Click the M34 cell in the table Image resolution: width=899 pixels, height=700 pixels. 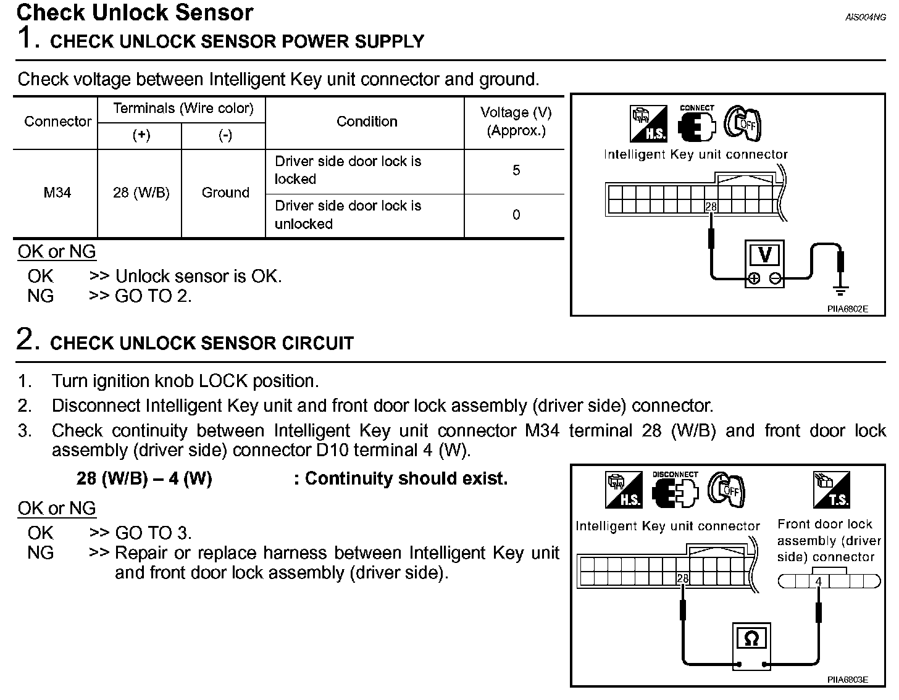pos(57,193)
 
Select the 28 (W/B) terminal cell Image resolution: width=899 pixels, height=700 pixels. pos(141,193)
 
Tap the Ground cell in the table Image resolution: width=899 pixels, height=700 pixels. pos(225,193)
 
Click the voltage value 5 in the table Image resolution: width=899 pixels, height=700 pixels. pos(516,170)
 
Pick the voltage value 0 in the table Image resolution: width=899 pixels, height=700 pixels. pos(516,215)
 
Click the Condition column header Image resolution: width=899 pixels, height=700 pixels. pos(367,122)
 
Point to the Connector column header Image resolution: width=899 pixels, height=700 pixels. pos(57,122)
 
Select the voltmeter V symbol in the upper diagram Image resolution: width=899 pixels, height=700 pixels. pos(765,254)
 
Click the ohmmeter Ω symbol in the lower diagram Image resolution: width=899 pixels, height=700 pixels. pos(751,638)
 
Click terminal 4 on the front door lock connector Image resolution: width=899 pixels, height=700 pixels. pos(819,581)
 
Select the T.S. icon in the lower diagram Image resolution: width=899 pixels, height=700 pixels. pos(832,490)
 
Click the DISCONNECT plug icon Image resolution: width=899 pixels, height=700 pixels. pos(675,491)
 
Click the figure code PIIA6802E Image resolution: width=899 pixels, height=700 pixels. pos(847,309)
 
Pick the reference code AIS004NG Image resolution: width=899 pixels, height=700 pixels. pos(865,17)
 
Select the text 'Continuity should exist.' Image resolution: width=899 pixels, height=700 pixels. pos(406,478)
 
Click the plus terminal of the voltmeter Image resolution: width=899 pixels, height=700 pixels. pos(754,278)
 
